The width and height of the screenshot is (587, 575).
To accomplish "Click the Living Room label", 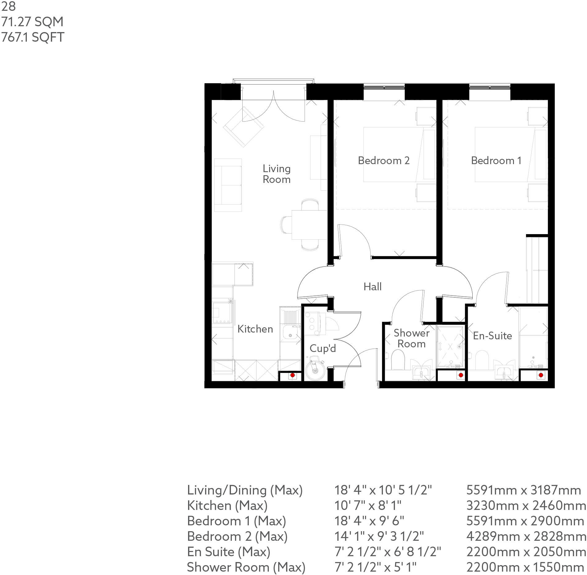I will click(x=276, y=174).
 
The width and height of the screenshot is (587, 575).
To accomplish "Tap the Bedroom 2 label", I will click(x=384, y=161).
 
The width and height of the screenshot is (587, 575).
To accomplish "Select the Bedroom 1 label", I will click(x=496, y=161).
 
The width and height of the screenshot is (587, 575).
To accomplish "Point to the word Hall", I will click(x=372, y=287).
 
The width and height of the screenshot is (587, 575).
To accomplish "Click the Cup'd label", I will click(x=322, y=349).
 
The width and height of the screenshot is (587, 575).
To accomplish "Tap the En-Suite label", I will click(x=492, y=336).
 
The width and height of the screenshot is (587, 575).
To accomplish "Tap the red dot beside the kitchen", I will click(x=292, y=376).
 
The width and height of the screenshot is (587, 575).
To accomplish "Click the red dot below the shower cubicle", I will click(x=461, y=375).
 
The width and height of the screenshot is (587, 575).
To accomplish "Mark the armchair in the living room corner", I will click(x=244, y=126).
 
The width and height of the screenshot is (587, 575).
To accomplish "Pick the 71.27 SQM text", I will click(x=32, y=22).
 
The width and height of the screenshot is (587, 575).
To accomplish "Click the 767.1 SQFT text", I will click(x=33, y=37).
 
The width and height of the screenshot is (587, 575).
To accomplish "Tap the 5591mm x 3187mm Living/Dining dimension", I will click(x=523, y=490).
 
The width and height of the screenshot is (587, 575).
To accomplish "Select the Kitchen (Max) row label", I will click(x=227, y=506).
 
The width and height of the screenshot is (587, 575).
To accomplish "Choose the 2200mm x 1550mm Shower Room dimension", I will click(x=523, y=567).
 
